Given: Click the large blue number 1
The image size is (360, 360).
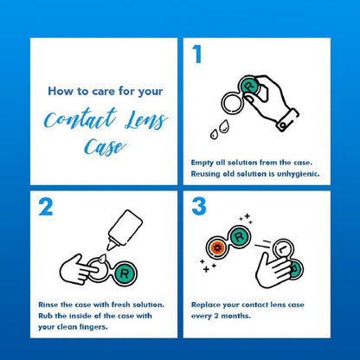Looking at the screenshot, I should pyautogui.click(x=197, y=55).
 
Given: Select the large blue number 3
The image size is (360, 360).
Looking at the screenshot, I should pyautogui.click(x=199, y=206).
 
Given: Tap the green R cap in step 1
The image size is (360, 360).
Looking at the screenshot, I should pyautogui.click(x=249, y=87).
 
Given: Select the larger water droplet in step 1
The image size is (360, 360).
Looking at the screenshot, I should pyautogui.click(x=223, y=126).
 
